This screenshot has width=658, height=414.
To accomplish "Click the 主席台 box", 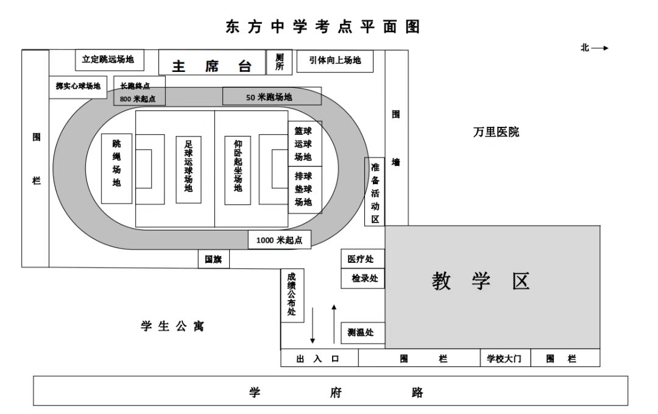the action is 212,63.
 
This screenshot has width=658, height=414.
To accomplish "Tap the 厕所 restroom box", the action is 279,62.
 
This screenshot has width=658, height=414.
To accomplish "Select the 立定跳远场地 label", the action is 108,59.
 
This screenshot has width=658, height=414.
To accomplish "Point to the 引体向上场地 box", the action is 335,61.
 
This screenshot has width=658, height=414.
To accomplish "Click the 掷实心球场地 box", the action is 78,87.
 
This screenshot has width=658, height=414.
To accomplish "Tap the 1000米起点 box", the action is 280,240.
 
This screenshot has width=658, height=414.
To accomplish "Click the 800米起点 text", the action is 138,99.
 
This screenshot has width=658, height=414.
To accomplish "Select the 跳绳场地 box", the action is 116,169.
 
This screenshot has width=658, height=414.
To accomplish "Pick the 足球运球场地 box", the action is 188,170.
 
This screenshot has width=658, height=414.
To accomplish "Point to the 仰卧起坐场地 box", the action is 238,170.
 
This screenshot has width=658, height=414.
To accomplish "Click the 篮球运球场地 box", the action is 305,144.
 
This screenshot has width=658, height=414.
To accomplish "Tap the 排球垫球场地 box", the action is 305,190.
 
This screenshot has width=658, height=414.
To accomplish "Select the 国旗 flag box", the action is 214,260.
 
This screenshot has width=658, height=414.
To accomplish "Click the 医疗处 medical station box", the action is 363,259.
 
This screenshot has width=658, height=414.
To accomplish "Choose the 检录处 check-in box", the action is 363,279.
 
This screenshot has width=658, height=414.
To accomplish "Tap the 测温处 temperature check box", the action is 363,333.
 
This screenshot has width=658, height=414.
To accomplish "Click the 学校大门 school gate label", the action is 504,359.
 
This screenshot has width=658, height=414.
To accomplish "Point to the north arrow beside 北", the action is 600,48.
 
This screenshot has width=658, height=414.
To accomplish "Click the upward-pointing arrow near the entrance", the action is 334,324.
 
